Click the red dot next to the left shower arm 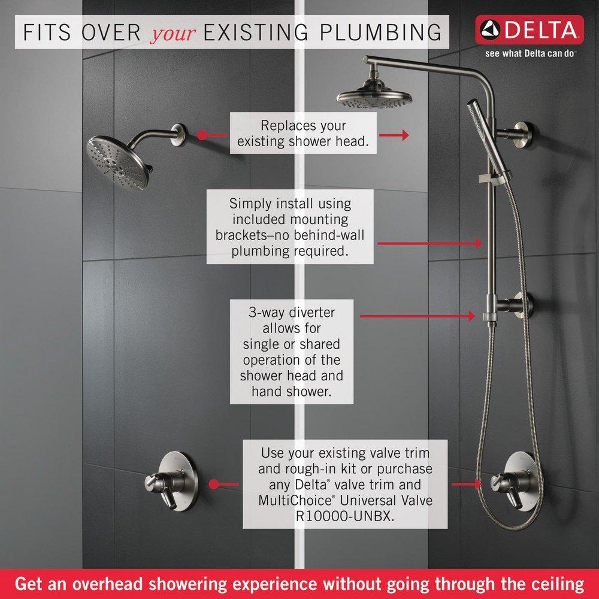pyautogui.click(x=202, y=135)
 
